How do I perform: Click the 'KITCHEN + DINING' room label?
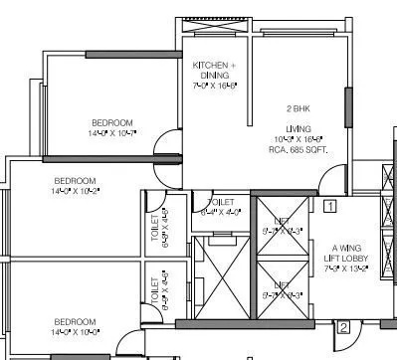pos(214,70)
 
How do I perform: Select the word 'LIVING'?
pos(298,129)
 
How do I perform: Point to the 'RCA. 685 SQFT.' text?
pos(299,149)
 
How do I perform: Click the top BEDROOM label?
pos(112,122)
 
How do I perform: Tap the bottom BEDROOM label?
pos(75,321)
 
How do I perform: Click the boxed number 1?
pos(329,206)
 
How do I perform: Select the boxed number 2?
pos(343,327)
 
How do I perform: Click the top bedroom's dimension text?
pos(112,132)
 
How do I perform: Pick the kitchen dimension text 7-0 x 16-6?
pos(214,87)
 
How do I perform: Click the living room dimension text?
pos(298,139)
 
